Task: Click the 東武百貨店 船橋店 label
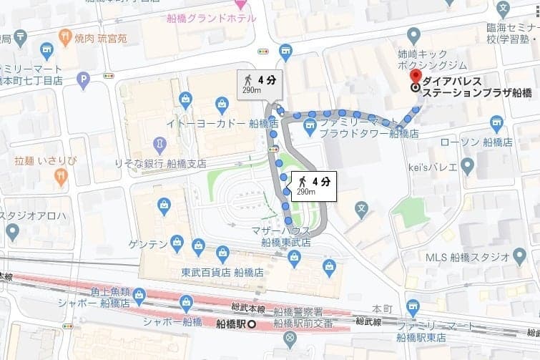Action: click(x=222, y=272)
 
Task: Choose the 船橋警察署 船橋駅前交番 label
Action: click(x=303, y=318)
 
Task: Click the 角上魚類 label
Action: click(x=109, y=293)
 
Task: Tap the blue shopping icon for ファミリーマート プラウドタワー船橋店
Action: click(x=309, y=127)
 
